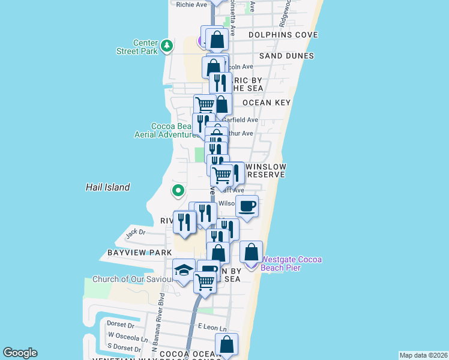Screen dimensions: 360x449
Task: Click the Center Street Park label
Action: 137,47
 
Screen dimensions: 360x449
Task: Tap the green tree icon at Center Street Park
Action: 167,45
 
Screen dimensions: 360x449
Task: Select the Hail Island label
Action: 107,187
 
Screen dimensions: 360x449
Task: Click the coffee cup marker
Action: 247,207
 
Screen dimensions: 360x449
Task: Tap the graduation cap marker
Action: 184,271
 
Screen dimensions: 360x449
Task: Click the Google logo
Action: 20,353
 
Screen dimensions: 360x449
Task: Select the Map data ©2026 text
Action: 424,355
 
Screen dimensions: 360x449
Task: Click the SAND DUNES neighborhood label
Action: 286,56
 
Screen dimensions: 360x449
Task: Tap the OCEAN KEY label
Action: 267,103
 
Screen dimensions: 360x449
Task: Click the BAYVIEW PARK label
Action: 140,253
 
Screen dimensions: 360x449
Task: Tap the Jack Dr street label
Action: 136,232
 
